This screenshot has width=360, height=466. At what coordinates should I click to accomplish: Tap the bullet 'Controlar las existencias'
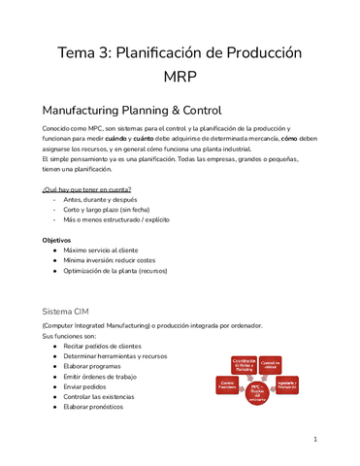tap(108, 396)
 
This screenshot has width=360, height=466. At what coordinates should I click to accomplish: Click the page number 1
tap(315, 439)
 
